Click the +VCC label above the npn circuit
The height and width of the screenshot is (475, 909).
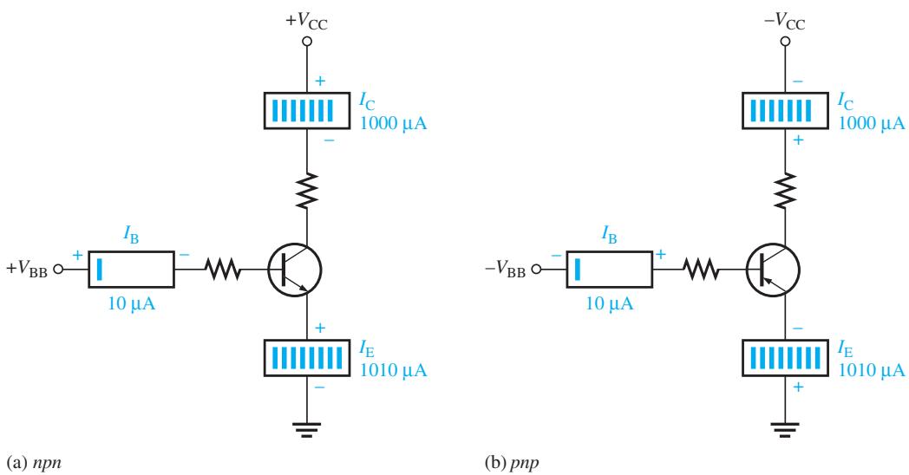306,22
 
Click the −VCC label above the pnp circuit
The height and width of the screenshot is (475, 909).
784,22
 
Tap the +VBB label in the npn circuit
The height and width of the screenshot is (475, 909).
27,270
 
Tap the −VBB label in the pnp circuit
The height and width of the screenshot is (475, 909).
505,270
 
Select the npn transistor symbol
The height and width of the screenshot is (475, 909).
295,270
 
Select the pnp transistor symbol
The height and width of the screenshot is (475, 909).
773,270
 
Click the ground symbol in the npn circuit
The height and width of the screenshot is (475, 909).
307,429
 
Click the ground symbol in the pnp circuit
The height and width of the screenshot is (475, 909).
785,429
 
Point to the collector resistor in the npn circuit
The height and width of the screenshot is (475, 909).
307,190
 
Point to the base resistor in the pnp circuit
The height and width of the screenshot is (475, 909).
701,270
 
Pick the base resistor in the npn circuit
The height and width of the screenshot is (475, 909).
223,270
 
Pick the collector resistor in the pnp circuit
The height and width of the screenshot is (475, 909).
786,190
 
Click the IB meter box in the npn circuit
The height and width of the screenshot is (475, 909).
131,270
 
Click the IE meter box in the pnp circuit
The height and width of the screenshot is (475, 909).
785,358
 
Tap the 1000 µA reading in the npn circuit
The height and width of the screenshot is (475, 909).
394,123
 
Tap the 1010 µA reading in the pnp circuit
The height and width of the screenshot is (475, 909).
872,369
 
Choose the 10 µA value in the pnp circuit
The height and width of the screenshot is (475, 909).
610,303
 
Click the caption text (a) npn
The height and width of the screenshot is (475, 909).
34,463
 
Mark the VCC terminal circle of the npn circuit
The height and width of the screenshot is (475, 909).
307,41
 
